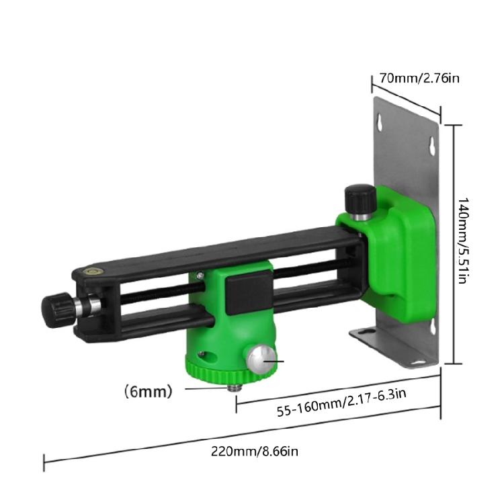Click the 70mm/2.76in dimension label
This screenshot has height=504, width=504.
419,78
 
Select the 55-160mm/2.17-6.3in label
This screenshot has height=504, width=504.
341,402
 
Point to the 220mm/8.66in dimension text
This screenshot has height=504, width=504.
255,452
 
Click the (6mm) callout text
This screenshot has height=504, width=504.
149,392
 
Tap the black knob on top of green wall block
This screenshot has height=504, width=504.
360,198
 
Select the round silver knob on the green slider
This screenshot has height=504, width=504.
261,360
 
